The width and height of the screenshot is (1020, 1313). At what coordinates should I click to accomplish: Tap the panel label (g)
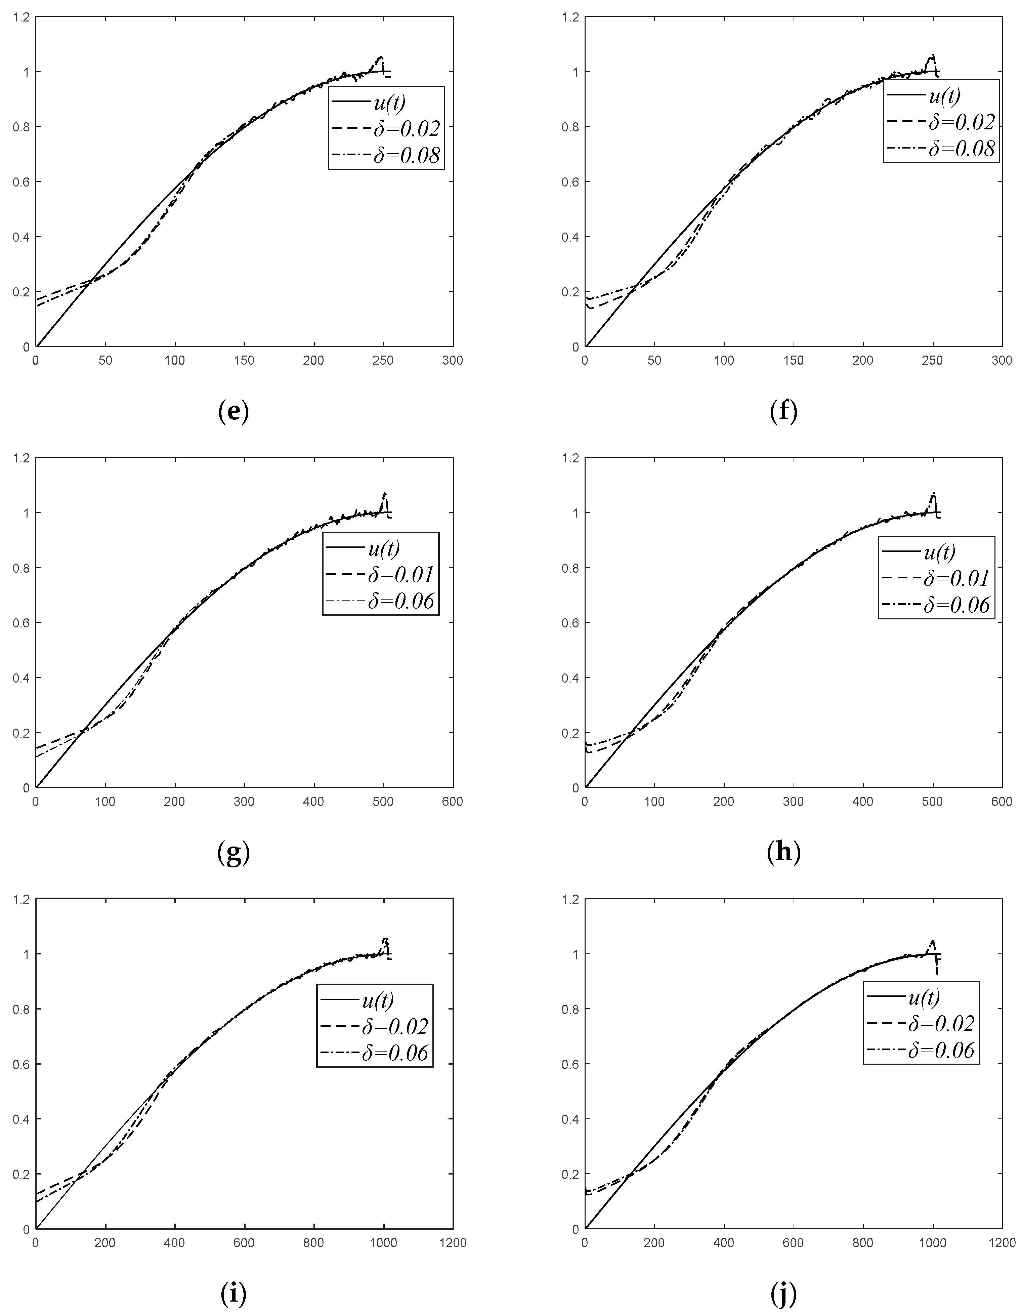(233, 853)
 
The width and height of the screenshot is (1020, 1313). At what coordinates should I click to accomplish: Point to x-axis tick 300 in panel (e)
(452, 361)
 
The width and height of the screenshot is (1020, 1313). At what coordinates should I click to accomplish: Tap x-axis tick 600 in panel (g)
(452, 802)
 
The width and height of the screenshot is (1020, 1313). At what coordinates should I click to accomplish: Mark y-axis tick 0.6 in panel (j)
(570, 1064)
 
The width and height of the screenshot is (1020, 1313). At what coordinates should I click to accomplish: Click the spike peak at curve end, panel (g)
(385, 494)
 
